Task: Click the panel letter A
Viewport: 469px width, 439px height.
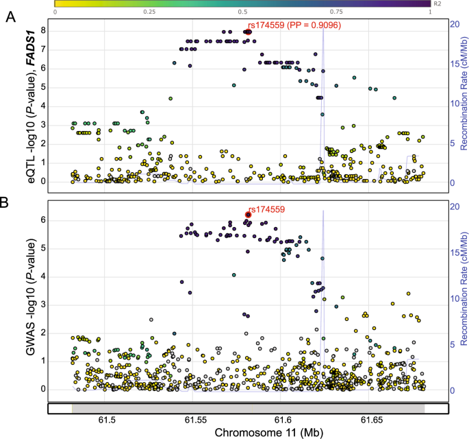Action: click(10, 17)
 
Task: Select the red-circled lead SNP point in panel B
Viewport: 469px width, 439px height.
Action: click(249, 215)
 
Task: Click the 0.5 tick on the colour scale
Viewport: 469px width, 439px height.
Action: click(242, 12)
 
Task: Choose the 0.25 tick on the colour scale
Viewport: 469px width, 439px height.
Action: click(149, 12)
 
